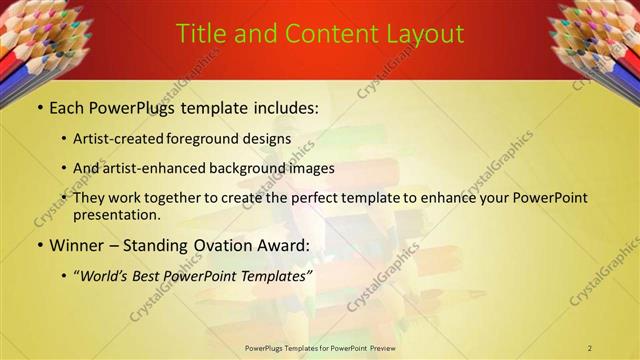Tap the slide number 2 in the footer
pos(590,347)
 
